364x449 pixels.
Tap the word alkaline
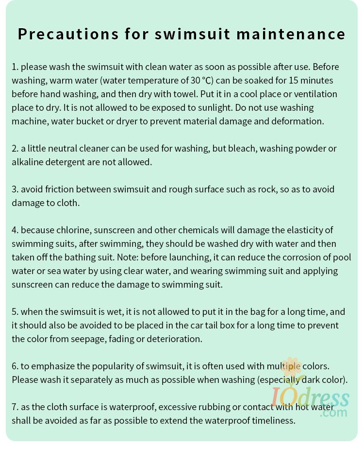click(x=29, y=162)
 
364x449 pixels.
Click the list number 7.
click(x=15, y=407)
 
